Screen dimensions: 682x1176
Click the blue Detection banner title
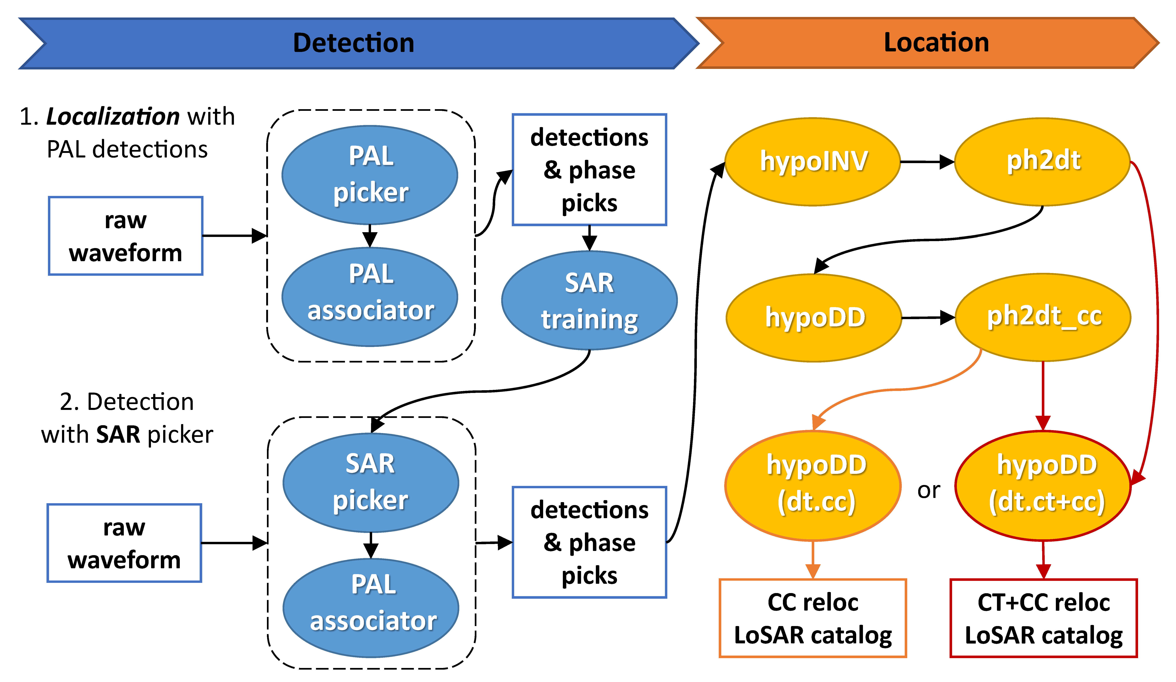click(353, 43)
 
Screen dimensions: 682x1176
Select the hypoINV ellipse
click(813, 161)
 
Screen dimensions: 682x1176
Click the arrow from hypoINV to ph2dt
click(926, 162)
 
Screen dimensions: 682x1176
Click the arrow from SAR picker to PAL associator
click(371, 545)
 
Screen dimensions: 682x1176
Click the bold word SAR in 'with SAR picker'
click(118, 434)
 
